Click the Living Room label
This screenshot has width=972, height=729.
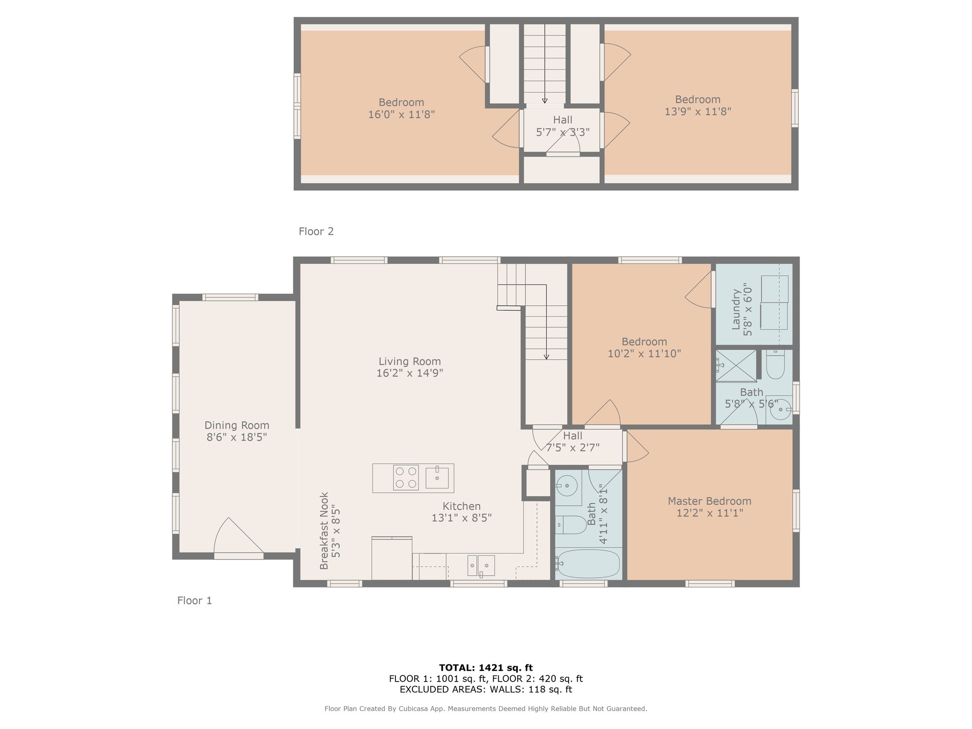click(410, 362)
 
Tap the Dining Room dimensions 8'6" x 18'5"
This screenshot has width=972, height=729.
click(237, 437)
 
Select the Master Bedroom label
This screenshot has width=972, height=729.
click(710, 501)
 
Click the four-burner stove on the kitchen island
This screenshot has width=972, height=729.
click(406, 477)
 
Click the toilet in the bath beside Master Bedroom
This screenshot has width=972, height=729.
click(572, 525)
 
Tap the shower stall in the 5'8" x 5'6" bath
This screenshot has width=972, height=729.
click(736, 365)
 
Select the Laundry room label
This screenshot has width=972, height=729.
click(736, 309)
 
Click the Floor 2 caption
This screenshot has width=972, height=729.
click(316, 232)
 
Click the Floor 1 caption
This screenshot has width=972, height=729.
click(195, 601)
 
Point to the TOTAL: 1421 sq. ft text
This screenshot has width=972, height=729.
click(486, 668)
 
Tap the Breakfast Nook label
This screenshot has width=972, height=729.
click(324, 531)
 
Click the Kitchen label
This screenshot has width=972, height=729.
click(462, 506)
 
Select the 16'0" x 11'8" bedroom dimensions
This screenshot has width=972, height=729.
click(402, 114)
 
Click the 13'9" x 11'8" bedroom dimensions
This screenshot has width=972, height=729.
click(698, 112)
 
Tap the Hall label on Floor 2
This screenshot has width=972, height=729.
click(563, 120)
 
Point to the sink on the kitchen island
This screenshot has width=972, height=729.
click(437, 477)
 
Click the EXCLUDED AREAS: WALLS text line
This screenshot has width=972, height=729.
click(486, 690)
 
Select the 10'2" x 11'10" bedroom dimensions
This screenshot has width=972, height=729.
click(645, 354)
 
